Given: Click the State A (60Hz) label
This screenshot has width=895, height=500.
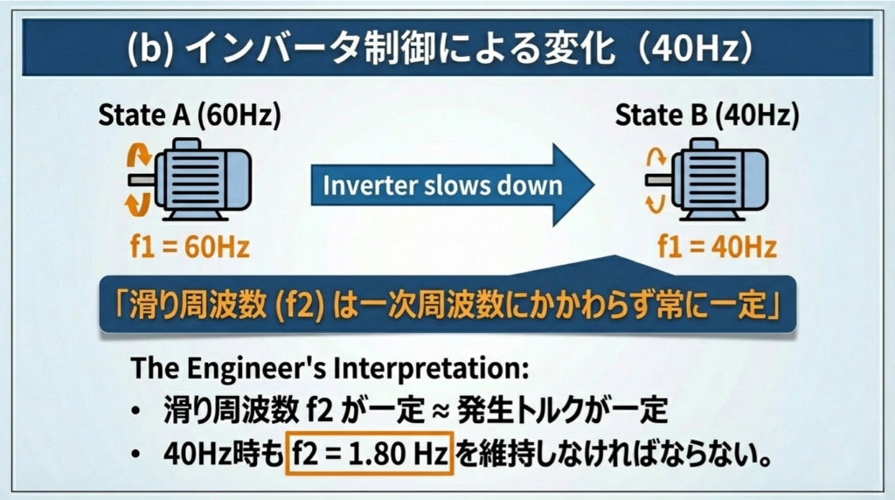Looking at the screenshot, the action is pos(190,115).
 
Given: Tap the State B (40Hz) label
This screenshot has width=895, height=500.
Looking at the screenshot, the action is pos(706,115).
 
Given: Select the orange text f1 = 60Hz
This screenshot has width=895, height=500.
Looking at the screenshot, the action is pos(190,247).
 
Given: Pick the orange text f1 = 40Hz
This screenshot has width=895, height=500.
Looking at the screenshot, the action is pos(718,247).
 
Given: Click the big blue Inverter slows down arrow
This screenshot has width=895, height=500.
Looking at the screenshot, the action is pos(452,185).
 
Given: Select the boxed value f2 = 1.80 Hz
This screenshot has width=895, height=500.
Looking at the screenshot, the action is pos(370,454).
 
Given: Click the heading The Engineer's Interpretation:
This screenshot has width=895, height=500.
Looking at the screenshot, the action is pos(330,369).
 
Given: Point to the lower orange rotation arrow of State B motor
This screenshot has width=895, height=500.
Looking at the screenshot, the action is pos(656,203).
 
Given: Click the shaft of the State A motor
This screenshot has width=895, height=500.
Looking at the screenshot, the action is pos(142,180).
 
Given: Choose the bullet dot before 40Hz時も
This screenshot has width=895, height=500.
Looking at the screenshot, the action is pos(135,455).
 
